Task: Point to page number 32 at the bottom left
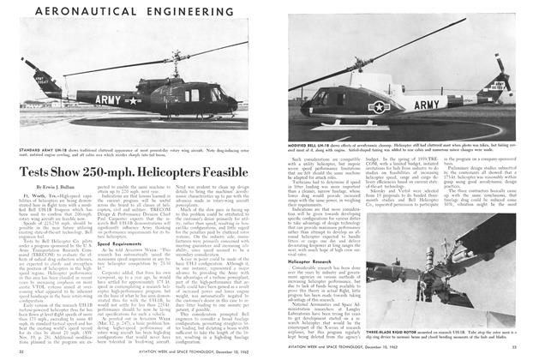point(21,351)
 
